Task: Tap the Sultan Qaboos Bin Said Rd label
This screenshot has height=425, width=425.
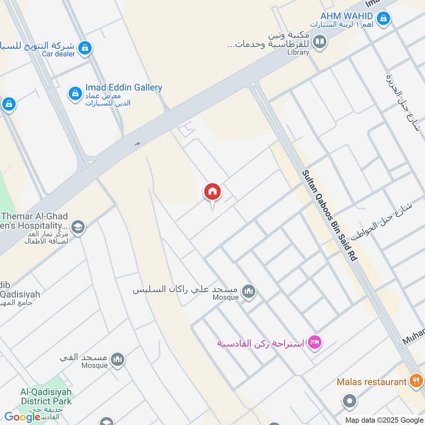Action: point(330,215)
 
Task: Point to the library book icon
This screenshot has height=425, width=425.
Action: point(319,41)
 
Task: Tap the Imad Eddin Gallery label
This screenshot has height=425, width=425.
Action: point(123,88)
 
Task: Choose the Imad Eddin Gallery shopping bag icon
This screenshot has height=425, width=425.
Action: point(75,94)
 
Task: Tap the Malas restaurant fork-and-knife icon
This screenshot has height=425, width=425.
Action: point(416,381)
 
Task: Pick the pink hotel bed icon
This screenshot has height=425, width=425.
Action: point(314,343)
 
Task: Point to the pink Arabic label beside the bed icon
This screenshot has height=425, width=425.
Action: point(260,343)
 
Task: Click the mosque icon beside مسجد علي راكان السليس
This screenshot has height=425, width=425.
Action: point(248,292)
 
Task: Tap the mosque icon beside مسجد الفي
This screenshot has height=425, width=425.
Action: point(118,360)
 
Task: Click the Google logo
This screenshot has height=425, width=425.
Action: point(22,417)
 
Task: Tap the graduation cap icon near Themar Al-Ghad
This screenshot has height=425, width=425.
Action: point(78,227)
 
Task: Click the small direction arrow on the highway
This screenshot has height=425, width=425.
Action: point(137,143)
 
